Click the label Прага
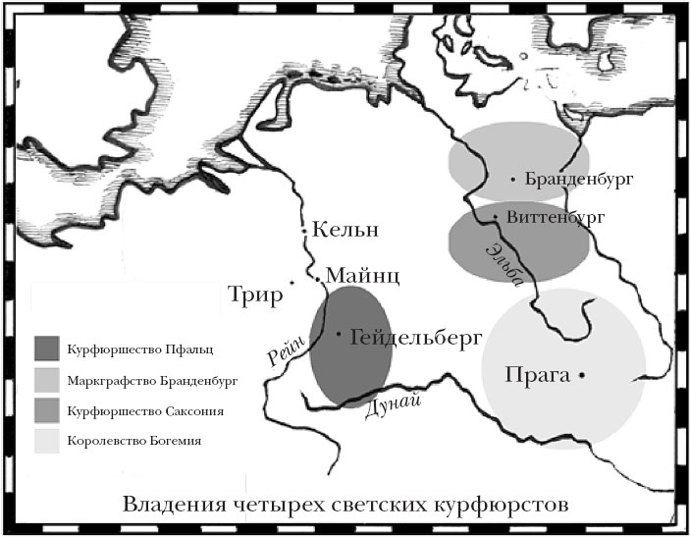[538, 375]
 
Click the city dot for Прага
[582, 375]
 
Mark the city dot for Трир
[292, 283]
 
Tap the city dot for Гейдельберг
[339, 334]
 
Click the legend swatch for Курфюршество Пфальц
[47, 348]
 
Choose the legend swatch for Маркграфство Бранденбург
[47, 378]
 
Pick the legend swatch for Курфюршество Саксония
[47, 409]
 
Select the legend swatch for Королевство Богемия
[47, 440]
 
